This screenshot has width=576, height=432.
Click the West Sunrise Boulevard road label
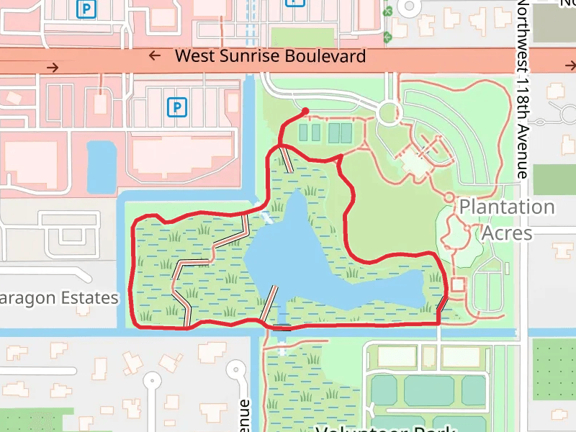point(270,56)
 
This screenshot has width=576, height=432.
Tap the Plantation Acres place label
point(507,220)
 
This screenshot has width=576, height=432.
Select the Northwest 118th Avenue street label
point(523,90)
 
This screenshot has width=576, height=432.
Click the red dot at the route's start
point(306,111)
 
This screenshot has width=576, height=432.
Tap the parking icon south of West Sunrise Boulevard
point(176,107)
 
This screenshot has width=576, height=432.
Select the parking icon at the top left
point(87,9)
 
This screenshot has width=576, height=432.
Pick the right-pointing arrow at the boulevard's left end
point(52,68)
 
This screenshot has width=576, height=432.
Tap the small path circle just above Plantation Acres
point(449,197)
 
